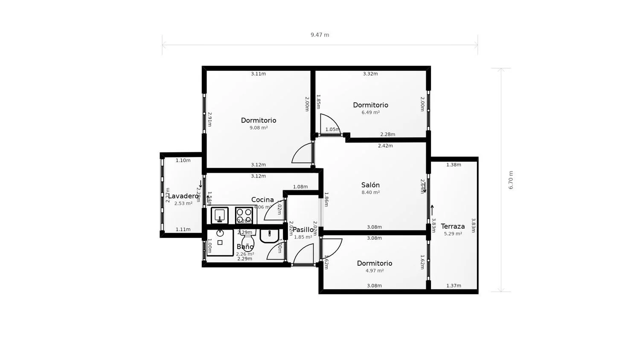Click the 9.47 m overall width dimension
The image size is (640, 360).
tap(320, 35)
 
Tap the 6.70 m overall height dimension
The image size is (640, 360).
tap(511, 180)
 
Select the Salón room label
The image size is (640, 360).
tap(370, 185)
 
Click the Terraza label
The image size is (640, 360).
tap(453, 226)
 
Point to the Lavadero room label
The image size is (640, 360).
tap(183, 196)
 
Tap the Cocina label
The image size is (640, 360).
tap(262, 200)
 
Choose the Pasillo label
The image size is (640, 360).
tap(303, 229)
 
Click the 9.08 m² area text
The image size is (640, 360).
tap(259, 128)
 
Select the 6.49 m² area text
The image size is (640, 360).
tap(370, 113)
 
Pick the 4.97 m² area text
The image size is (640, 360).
tap(375, 271)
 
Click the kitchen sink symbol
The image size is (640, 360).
tap(220, 215)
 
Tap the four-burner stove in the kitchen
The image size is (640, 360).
tap(244, 215)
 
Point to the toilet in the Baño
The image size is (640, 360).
tap(247, 241)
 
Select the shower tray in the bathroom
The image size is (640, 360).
tap(220, 242)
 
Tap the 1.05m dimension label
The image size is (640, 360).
tap(332, 130)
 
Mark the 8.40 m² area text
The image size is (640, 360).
tap(370, 193)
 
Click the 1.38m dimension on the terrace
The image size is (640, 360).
tap(454, 165)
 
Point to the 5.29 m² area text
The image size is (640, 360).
tap(453, 234)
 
